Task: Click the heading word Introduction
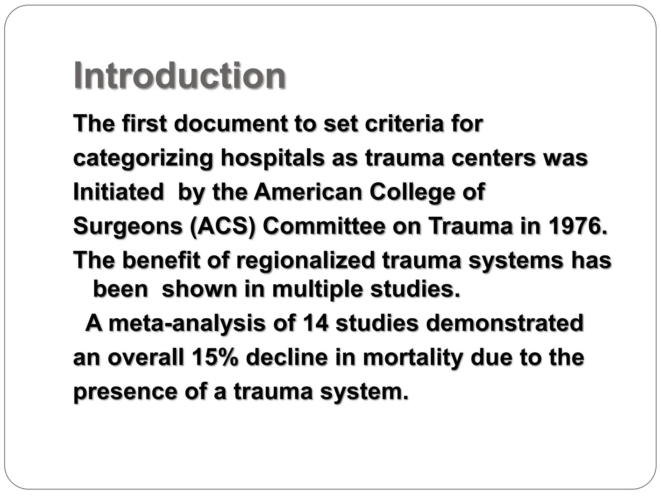pos(179,76)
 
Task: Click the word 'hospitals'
pos(272,158)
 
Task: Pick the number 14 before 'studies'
pos(315,323)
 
